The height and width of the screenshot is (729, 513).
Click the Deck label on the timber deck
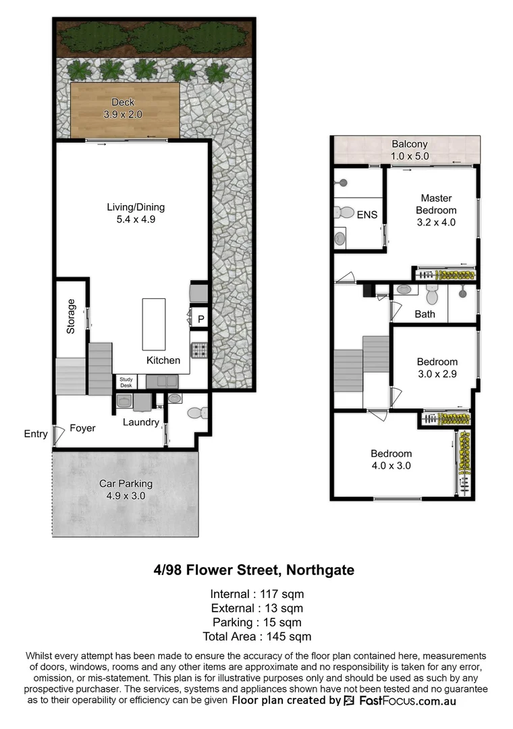[123, 103]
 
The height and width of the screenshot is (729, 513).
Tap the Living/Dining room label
[136, 207]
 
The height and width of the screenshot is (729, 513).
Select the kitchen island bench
[153, 323]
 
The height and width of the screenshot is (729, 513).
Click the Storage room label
[70, 317]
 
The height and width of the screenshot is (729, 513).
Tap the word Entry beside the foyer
[35, 433]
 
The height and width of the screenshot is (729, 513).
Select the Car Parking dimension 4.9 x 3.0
[126, 496]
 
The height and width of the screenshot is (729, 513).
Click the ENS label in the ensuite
[367, 216]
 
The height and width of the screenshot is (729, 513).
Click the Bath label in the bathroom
[425, 314]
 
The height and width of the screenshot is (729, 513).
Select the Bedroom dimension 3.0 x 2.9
[437, 374]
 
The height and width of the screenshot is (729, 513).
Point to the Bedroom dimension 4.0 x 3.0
[391, 466]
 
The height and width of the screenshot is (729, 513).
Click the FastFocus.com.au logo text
[406, 701]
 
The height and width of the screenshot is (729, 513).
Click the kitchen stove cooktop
[200, 350]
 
